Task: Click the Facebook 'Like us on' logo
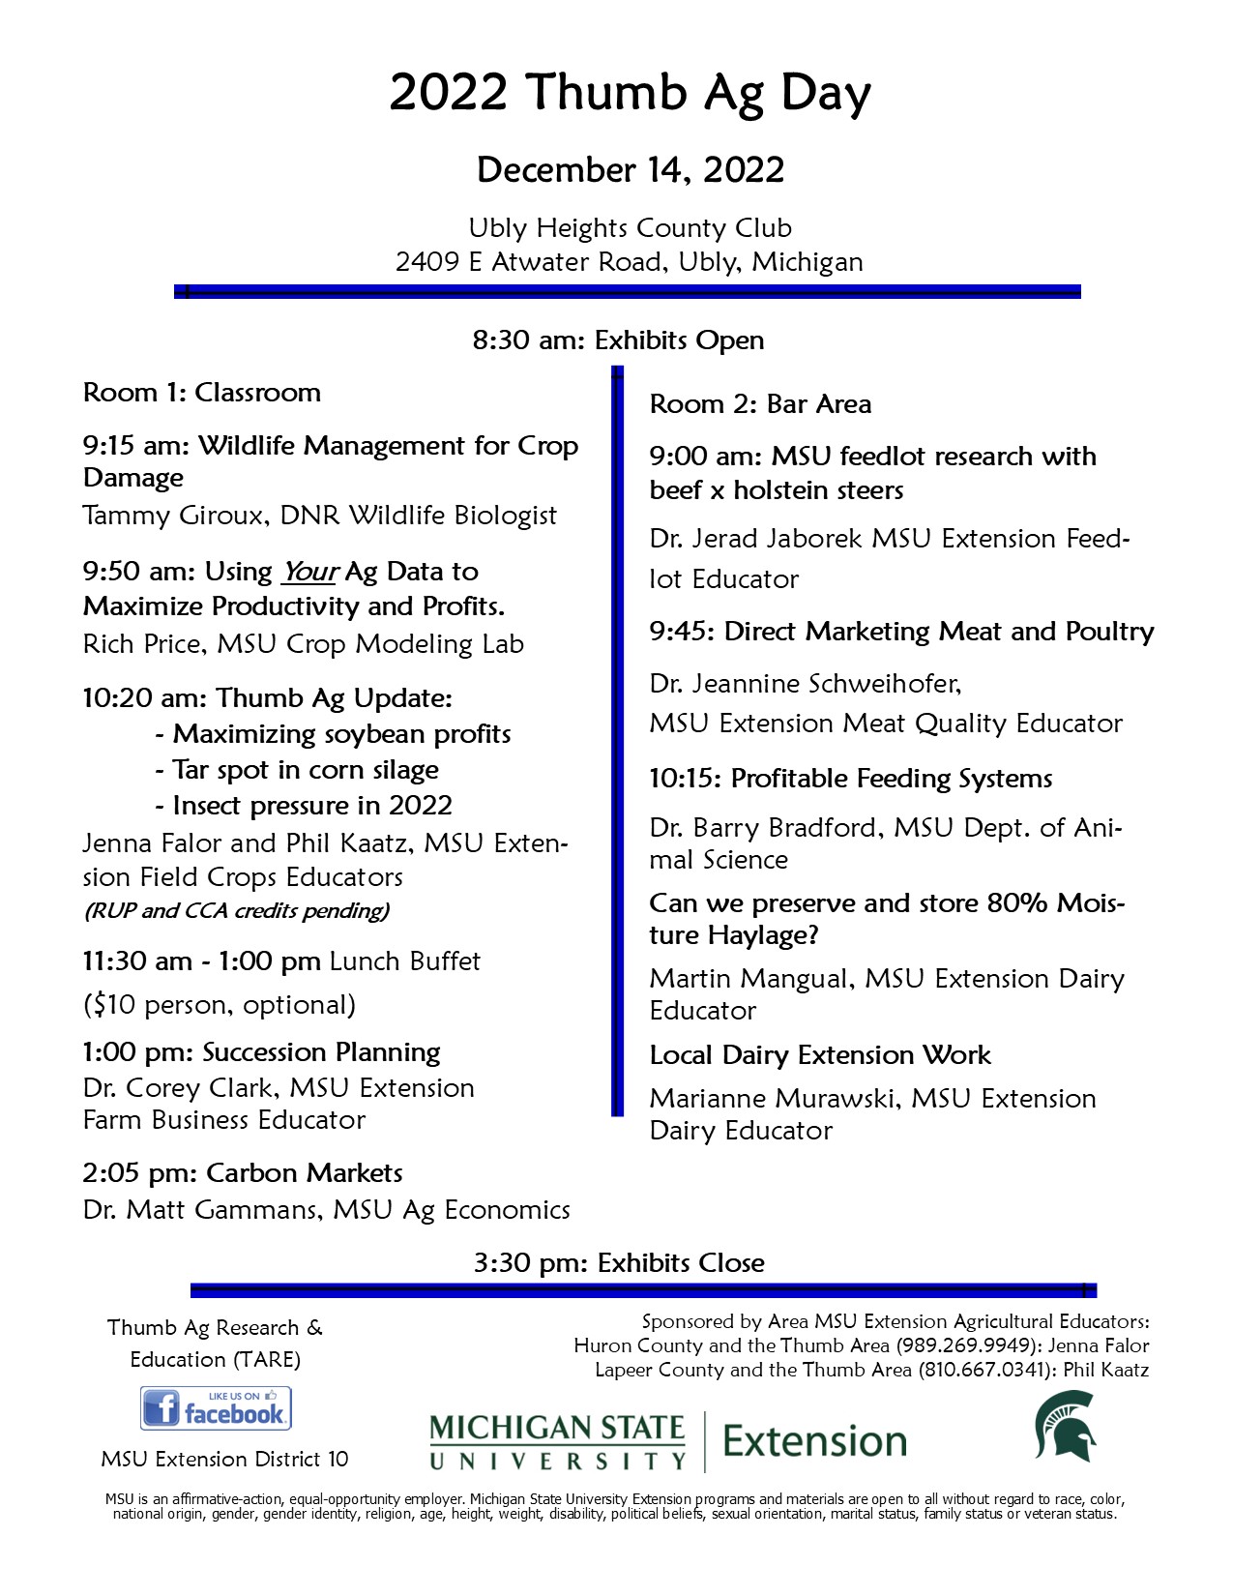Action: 216,1408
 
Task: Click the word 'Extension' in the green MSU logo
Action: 814,1441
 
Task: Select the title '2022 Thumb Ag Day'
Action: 630,94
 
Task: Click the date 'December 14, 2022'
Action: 630,170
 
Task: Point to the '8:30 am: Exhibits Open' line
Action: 618,340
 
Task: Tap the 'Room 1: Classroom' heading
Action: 202,393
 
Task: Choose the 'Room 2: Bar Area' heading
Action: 760,404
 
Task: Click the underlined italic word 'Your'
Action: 308,572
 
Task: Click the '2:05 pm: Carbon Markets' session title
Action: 243,1173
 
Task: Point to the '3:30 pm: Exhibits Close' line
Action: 619,1263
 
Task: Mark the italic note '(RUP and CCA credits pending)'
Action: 237,910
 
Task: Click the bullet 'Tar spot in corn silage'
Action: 305,770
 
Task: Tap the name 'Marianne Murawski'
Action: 775,1099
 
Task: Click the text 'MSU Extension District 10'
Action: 224,1459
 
